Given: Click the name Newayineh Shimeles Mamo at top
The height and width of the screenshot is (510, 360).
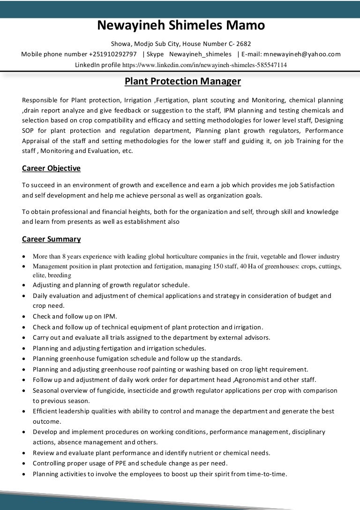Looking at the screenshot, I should tap(181, 25).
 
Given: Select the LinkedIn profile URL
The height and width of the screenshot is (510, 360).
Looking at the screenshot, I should tap(204, 65).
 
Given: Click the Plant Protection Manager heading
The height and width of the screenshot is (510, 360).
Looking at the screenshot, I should tap(182, 82).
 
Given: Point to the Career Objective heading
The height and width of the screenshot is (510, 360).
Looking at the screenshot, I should tap(51, 168).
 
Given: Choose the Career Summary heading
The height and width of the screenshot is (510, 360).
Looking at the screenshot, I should tap(51, 239).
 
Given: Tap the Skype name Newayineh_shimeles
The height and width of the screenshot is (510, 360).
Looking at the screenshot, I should tap(200, 54).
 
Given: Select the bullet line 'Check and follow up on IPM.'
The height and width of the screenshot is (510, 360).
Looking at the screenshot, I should tap(75, 316).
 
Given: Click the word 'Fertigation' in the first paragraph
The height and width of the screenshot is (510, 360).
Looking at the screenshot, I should tap(171, 100).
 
